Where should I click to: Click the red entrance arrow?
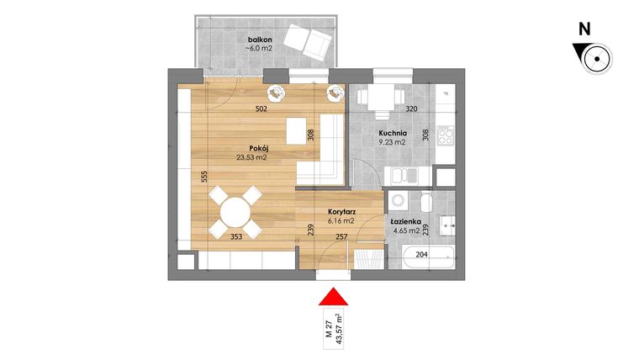click(x=334, y=298)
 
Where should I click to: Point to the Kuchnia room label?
click(x=393, y=133)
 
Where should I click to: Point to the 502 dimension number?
click(x=262, y=109)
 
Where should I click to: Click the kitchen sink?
click(x=405, y=176)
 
